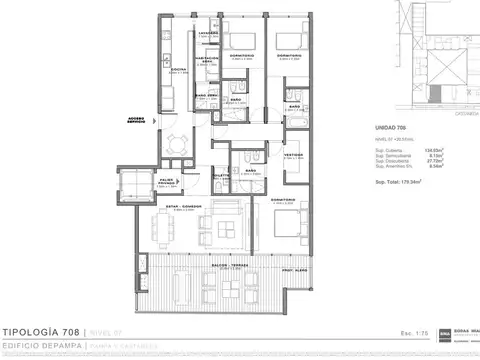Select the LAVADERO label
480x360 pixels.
click(x=207, y=33)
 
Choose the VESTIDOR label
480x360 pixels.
click(x=293, y=155)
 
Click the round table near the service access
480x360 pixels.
click(x=177, y=142)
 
